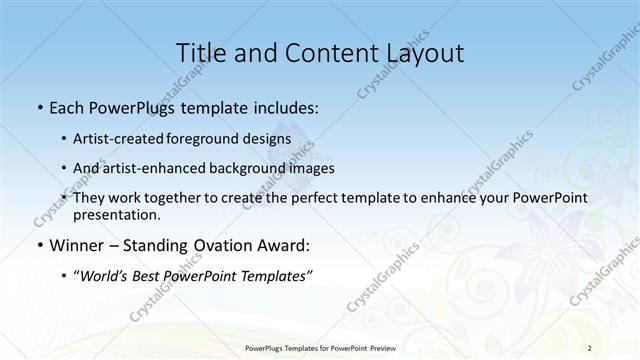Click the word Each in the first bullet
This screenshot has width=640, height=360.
click(x=68, y=106)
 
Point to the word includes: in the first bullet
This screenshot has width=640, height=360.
click(x=283, y=106)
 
